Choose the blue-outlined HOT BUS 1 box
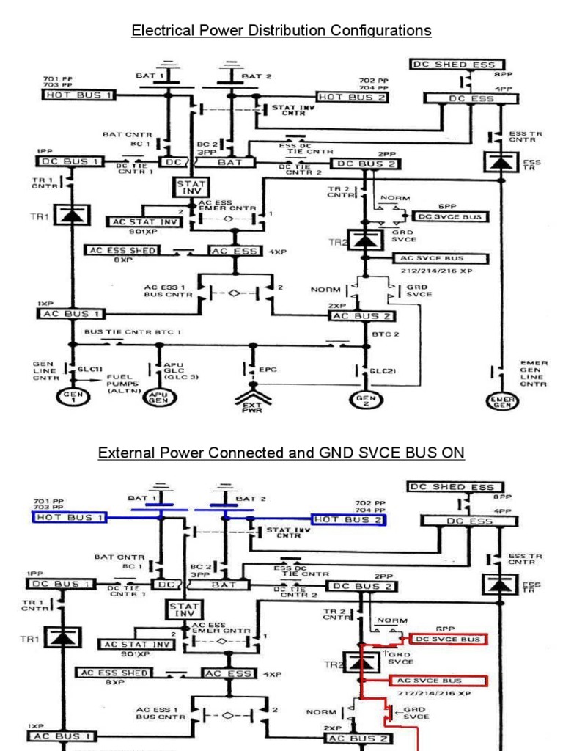[70, 518]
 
